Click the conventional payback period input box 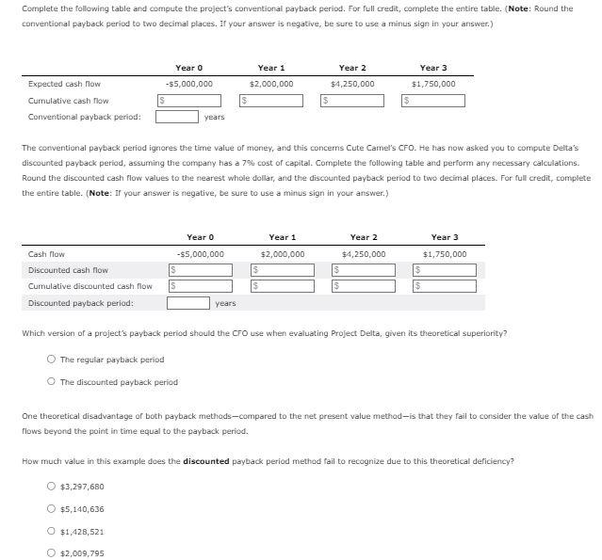pos(177,118)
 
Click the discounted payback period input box pos(188,303)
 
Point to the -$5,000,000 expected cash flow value pos(188,84)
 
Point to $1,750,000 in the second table pos(445,254)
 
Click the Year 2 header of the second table pos(364,237)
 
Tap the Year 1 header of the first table pos(271,68)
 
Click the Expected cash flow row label pos(65,84)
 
